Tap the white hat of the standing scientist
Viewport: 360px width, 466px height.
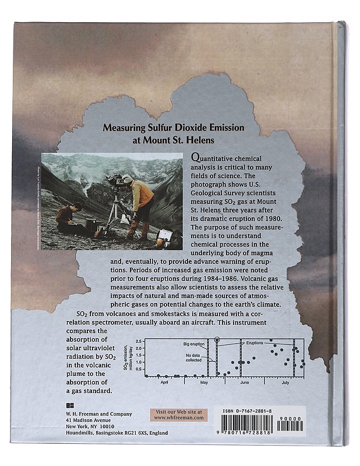click(x=127, y=178)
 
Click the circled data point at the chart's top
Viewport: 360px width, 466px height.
click(x=217, y=339)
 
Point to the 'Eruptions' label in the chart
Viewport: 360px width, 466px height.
click(x=255, y=343)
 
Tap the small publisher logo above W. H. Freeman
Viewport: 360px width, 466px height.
click(x=69, y=405)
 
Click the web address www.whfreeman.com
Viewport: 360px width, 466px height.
click(x=178, y=417)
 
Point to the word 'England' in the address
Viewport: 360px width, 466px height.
click(x=157, y=433)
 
